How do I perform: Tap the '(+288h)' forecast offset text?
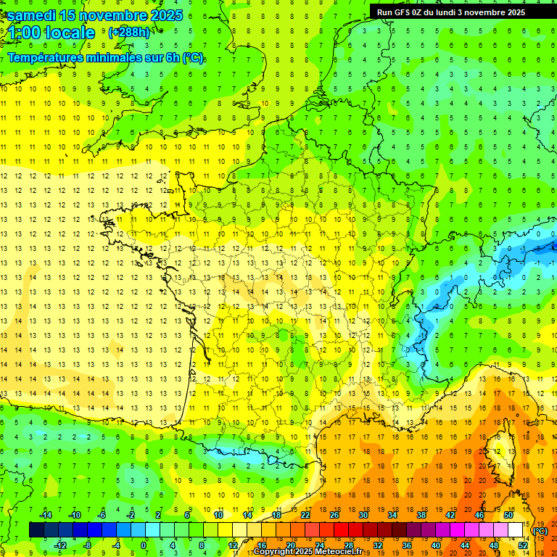click(x=129, y=33)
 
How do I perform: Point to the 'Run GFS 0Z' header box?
click(x=457, y=12)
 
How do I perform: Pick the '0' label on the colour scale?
click(x=144, y=545)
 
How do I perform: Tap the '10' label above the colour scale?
click(x=218, y=515)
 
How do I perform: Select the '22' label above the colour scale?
click(x=305, y=515)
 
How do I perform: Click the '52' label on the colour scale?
click(x=523, y=545)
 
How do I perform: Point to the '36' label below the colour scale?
click(x=406, y=545)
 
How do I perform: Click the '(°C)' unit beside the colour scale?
click(x=540, y=530)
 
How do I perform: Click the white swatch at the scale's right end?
click(x=515, y=530)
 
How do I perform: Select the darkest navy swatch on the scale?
click(x=36, y=530)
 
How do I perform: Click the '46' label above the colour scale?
click(x=479, y=515)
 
